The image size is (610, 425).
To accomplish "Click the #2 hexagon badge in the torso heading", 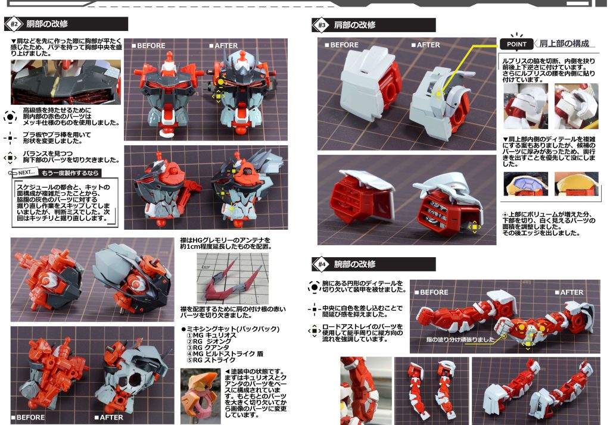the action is click(14, 24).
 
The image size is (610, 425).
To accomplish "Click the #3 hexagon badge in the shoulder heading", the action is click(322, 25).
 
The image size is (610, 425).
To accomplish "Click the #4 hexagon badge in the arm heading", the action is click(322, 264).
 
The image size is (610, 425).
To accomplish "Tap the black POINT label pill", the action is click(516, 44).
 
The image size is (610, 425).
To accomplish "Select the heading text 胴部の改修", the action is click(47, 24).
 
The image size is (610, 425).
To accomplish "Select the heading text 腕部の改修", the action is click(355, 264).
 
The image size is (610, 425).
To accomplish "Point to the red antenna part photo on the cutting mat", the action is click(232, 279).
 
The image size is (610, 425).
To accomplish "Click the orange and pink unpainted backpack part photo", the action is click(200, 396).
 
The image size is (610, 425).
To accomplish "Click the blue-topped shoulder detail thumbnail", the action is click(525, 184).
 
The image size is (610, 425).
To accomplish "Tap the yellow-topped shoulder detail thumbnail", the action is click(577, 184).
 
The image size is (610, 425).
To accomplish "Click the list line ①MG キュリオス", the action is click(211, 335).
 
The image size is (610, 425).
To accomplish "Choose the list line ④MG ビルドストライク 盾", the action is click(225, 354).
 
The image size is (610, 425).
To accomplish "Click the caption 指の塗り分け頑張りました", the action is click(460, 339).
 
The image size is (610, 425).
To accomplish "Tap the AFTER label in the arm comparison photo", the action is click(569, 292).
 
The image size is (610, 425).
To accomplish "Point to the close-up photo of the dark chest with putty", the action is click(66, 82).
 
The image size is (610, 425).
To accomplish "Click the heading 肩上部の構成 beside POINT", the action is click(564, 43).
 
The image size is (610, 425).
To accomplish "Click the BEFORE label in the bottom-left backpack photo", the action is click(28, 418).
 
